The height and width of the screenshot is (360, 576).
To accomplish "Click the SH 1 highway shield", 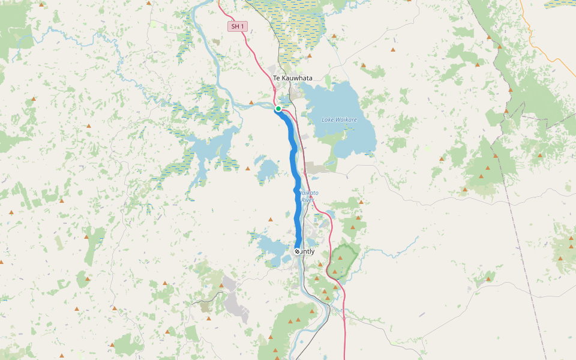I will pos(238,26).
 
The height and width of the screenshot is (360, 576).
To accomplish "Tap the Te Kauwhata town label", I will pos(293,78).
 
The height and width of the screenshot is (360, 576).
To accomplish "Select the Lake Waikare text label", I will pos(339,119).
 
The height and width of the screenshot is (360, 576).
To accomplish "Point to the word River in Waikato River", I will pos(307,199).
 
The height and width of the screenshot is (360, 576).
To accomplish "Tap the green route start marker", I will pos(278,109).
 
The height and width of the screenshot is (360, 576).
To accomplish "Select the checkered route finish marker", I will pos(297,251).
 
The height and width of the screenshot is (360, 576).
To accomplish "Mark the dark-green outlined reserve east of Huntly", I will pos(343,258).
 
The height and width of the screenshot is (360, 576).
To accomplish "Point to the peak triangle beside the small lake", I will pos(247,169).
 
